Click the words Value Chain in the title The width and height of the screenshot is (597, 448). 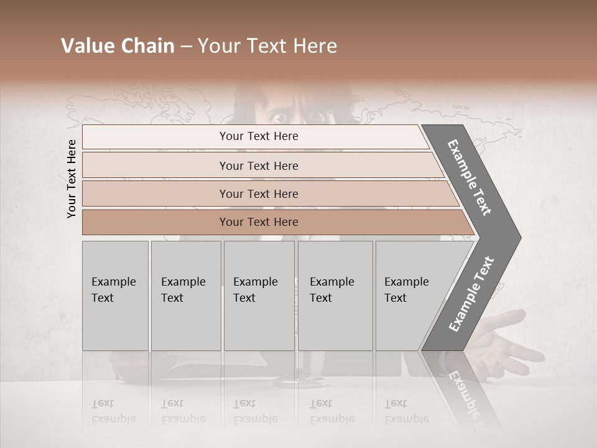(118, 46)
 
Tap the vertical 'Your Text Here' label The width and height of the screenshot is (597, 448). (72, 179)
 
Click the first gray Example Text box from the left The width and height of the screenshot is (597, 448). (115, 296)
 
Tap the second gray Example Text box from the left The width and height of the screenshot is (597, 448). (186, 296)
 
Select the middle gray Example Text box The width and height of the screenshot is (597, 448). (259, 296)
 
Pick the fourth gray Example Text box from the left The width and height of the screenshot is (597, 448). (335, 296)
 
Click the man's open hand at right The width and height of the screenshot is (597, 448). (510, 339)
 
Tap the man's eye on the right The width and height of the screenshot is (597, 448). (316, 116)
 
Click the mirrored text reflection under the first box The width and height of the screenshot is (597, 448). (113, 411)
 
